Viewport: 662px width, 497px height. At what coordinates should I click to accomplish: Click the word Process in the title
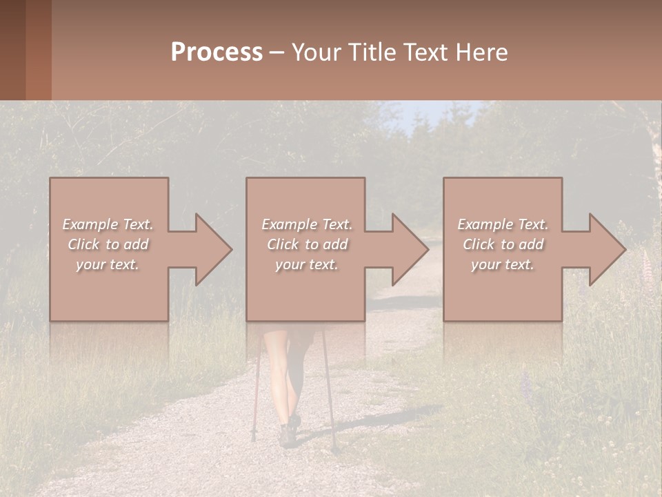coord(217,52)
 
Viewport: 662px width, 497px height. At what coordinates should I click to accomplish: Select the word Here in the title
coord(480,52)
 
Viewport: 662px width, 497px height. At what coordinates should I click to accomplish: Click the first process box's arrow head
coord(213,249)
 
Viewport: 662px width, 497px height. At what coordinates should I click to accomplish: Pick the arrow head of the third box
coord(607,249)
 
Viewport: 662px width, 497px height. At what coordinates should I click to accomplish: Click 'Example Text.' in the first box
coord(108,224)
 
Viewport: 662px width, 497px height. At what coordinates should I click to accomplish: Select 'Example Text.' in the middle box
coord(306,224)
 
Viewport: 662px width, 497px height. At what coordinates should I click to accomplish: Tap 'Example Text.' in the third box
coord(503,224)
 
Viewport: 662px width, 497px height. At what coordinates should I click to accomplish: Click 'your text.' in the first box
coord(108,264)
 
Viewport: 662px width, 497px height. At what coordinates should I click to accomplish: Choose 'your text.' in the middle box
coord(306,264)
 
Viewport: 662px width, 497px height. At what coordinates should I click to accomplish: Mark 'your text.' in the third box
coord(503,264)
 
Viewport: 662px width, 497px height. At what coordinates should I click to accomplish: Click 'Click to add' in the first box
coord(108,244)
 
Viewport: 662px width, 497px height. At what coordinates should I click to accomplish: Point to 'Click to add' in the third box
coord(503,244)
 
